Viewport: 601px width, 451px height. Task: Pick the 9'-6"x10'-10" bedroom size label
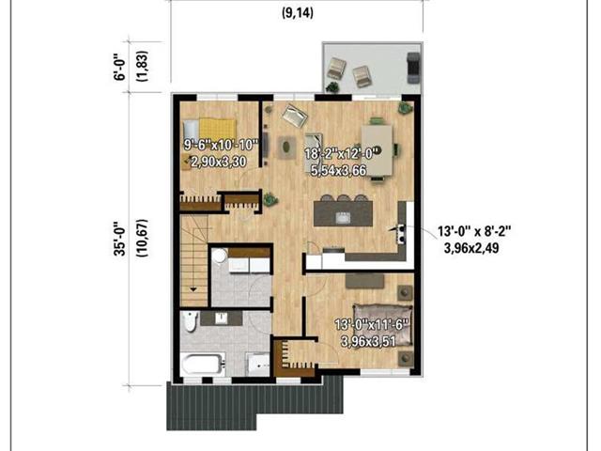click(x=221, y=145)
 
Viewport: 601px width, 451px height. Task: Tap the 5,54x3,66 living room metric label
click(x=338, y=170)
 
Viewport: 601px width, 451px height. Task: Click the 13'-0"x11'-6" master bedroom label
click(x=372, y=325)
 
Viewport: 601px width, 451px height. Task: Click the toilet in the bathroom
click(x=190, y=321)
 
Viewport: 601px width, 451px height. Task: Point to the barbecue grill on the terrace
click(x=413, y=68)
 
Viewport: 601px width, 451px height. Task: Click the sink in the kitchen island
click(x=344, y=218)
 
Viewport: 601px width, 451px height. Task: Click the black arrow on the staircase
click(x=193, y=289)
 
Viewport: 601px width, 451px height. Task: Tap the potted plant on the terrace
click(x=332, y=87)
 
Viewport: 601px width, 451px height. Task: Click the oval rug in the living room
click(x=286, y=147)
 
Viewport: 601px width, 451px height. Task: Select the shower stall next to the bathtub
click(x=258, y=365)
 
